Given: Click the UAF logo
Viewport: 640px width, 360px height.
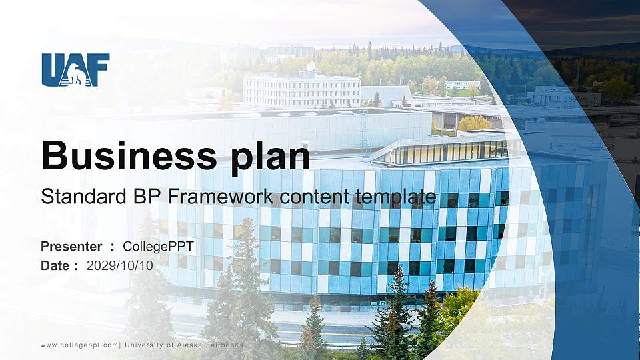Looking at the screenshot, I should (75, 70).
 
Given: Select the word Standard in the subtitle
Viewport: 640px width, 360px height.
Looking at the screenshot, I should (74, 197).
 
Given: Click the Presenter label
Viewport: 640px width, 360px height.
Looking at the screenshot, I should (71, 247).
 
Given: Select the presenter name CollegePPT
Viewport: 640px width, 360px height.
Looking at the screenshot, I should (159, 247).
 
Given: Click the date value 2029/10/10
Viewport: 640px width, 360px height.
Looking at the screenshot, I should (120, 265).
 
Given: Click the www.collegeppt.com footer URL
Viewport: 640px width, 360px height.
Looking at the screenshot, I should (79, 345).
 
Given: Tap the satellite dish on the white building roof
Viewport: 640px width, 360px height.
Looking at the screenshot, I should (311, 67).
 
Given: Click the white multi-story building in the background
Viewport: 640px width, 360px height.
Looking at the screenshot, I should (301, 91).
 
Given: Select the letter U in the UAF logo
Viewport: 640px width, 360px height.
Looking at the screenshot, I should (52, 69).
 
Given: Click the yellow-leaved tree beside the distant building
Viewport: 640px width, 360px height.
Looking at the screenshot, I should (474, 123).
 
